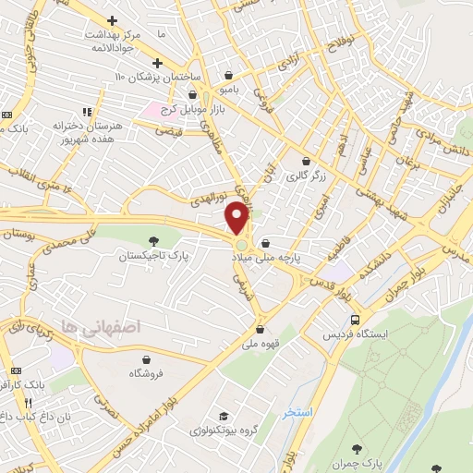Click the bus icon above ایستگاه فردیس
pos(354,320)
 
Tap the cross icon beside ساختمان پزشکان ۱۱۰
pos(158,63)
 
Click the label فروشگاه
pos(146,373)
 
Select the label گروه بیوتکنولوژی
pos(222,431)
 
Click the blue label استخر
pos(297,411)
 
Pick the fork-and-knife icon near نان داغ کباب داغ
pos(28,403)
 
